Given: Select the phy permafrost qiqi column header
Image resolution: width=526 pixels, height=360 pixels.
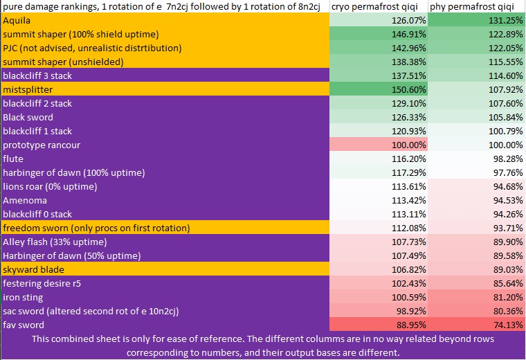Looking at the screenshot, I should (x=475, y=6).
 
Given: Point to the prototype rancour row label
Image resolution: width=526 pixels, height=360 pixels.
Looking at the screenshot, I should (x=42, y=145).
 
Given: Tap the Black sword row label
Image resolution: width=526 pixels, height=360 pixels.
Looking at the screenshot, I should (x=28, y=117).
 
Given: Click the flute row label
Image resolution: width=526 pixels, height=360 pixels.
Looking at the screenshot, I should (x=14, y=159).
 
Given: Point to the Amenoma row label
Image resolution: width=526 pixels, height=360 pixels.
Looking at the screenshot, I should (x=25, y=200).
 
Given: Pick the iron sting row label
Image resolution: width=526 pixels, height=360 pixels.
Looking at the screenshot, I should (x=23, y=297).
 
